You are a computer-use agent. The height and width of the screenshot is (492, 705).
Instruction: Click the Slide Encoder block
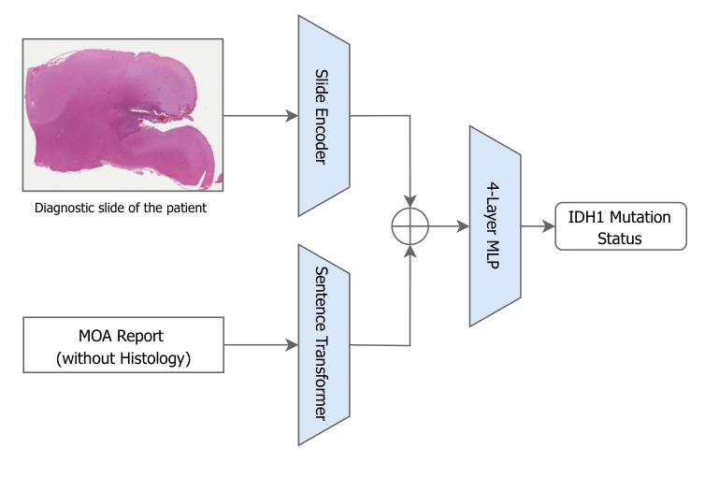(324, 117)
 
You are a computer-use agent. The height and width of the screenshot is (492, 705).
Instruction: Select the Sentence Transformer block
(324, 343)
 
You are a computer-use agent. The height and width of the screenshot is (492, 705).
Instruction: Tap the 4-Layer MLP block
(495, 226)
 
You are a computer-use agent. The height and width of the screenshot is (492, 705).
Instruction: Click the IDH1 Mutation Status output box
(619, 227)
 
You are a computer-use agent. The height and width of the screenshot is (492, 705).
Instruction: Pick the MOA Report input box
(123, 343)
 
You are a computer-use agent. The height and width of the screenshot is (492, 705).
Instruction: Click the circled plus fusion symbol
(410, 226)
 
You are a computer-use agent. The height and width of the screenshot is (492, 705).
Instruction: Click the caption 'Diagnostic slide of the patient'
(121, 208)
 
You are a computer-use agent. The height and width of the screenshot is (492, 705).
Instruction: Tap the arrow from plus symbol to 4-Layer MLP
(449, 226)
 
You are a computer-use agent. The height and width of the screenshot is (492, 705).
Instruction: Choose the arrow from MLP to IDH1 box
(537, 226)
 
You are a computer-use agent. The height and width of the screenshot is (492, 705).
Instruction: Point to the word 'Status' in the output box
(619, 238)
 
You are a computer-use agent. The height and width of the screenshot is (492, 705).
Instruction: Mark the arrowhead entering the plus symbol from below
(410, 249)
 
